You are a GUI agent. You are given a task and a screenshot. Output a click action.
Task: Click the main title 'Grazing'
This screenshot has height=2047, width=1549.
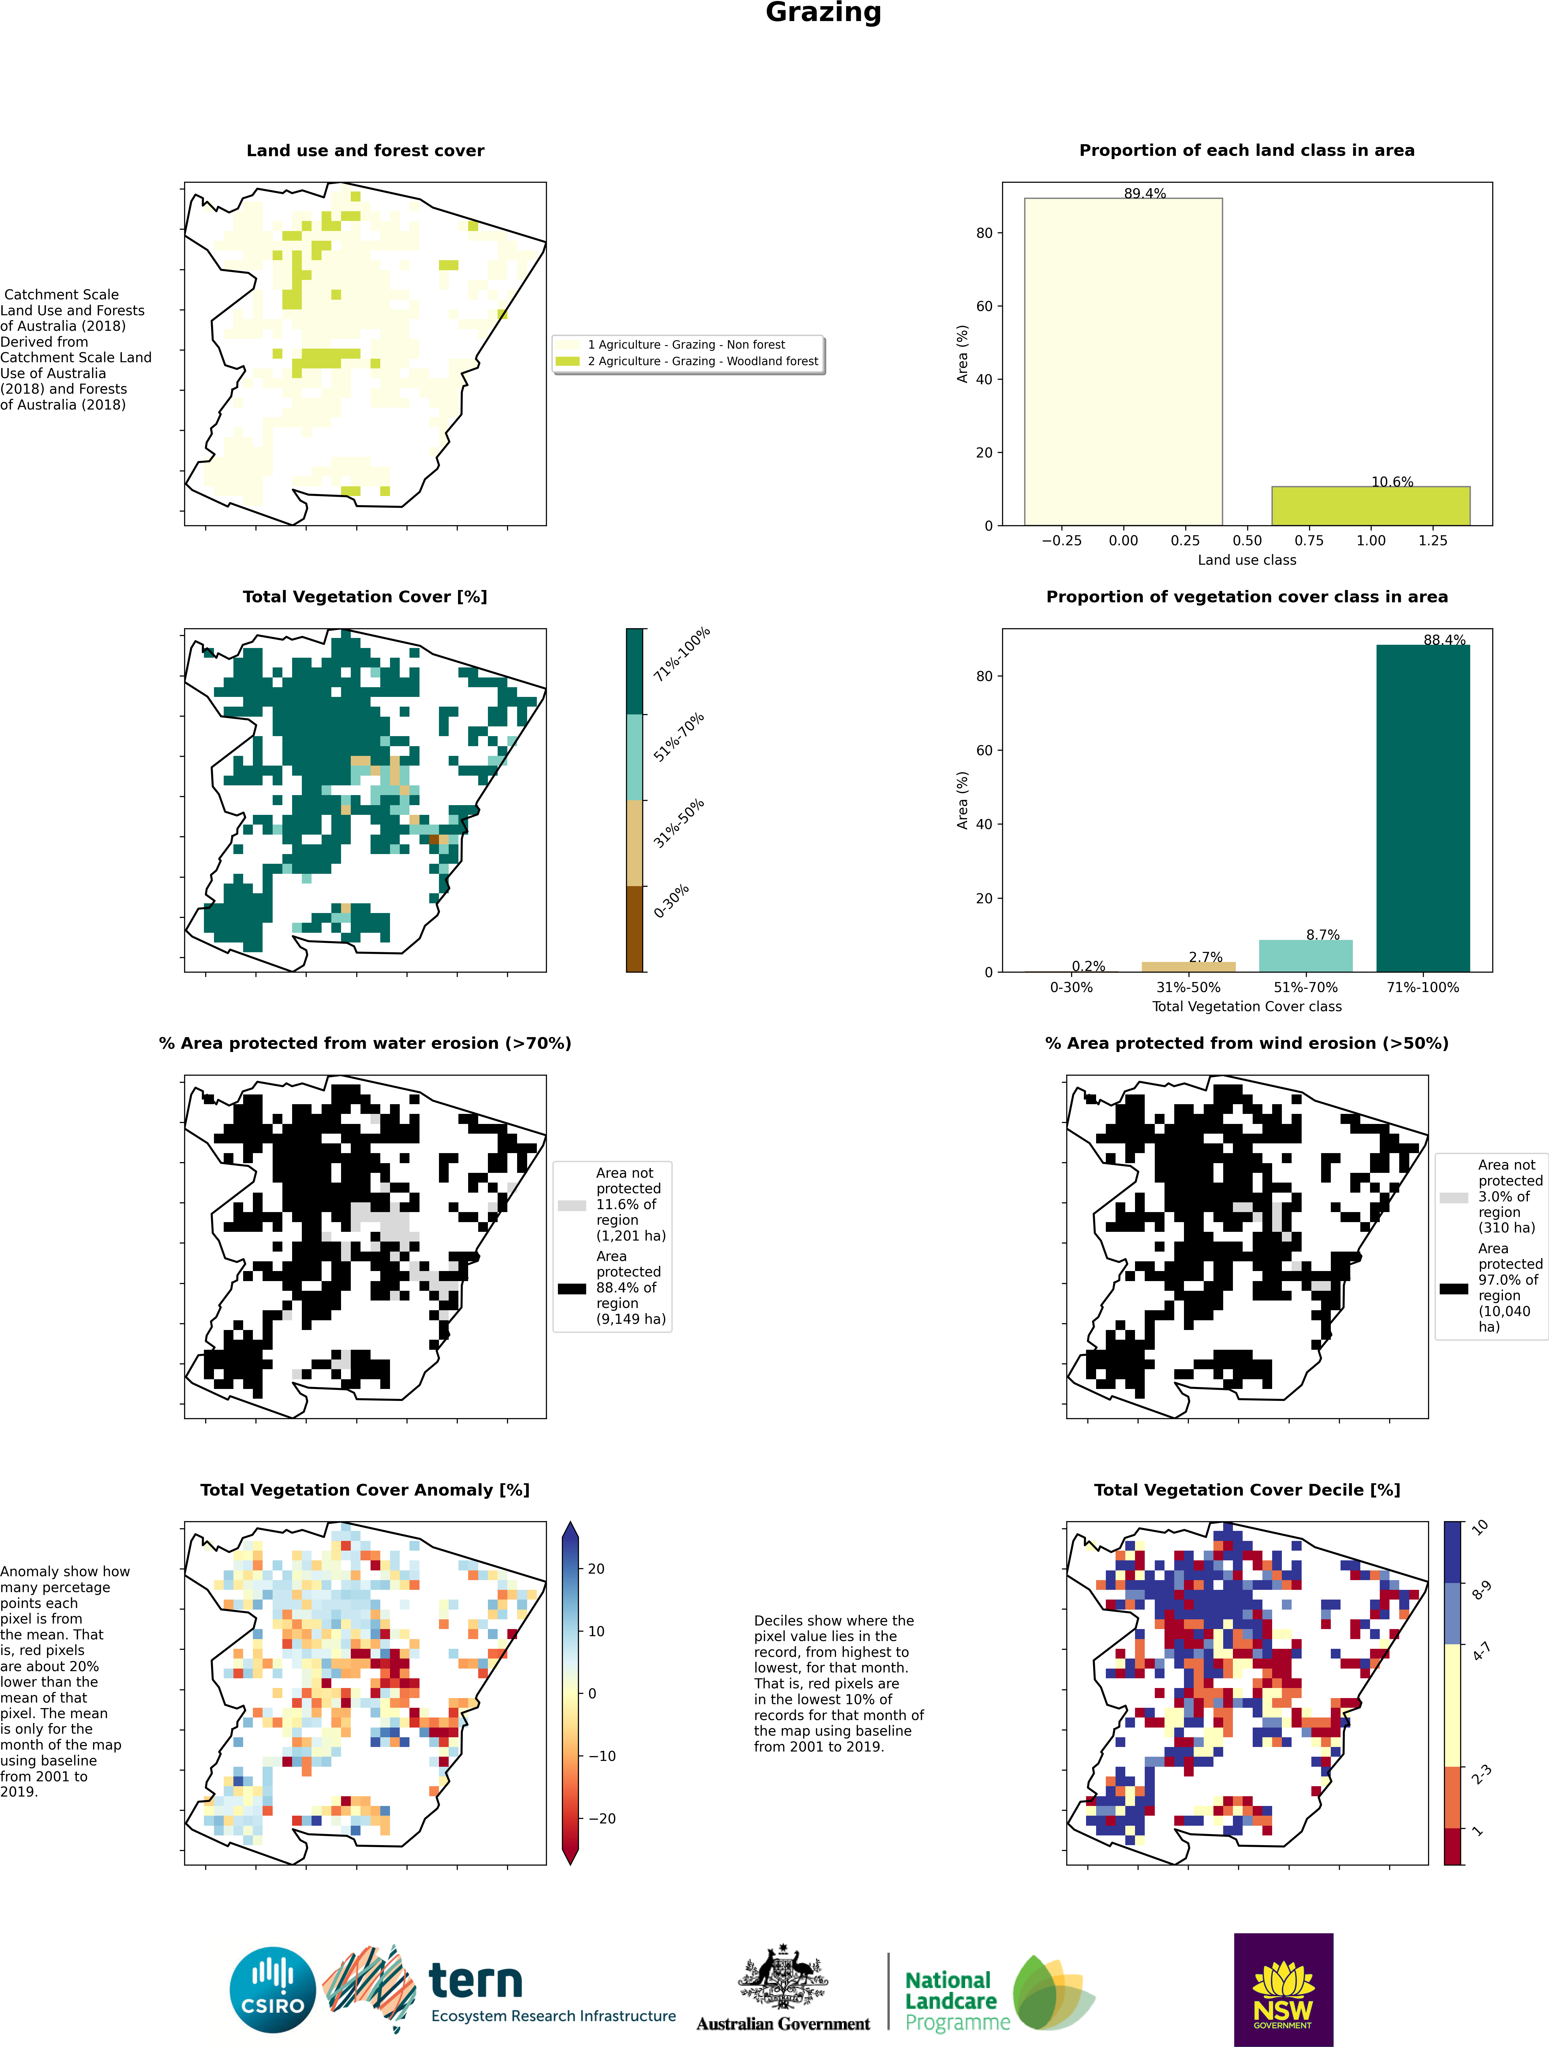point(823,13)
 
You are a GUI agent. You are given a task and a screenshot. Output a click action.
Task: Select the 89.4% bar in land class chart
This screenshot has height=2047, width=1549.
point(1123,362)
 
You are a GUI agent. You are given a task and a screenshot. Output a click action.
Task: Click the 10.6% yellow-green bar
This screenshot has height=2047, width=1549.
point(1370,506)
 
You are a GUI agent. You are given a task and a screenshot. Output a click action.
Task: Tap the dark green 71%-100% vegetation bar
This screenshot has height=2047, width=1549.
point(1423,808)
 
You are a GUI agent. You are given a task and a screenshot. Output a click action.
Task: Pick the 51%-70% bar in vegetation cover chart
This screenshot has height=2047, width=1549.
point(1306,956)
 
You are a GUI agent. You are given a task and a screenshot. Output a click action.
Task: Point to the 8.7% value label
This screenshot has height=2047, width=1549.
point(1323,935)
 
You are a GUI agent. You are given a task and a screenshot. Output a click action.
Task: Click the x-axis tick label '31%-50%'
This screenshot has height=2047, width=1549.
point(1188,988)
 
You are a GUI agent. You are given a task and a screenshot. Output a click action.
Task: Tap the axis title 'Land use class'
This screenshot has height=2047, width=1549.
point(1246,560)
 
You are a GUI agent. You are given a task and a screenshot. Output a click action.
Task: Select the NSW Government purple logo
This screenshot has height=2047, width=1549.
point(1283,1990)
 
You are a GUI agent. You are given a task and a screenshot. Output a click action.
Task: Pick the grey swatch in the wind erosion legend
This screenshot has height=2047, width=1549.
point(1454,1197)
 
